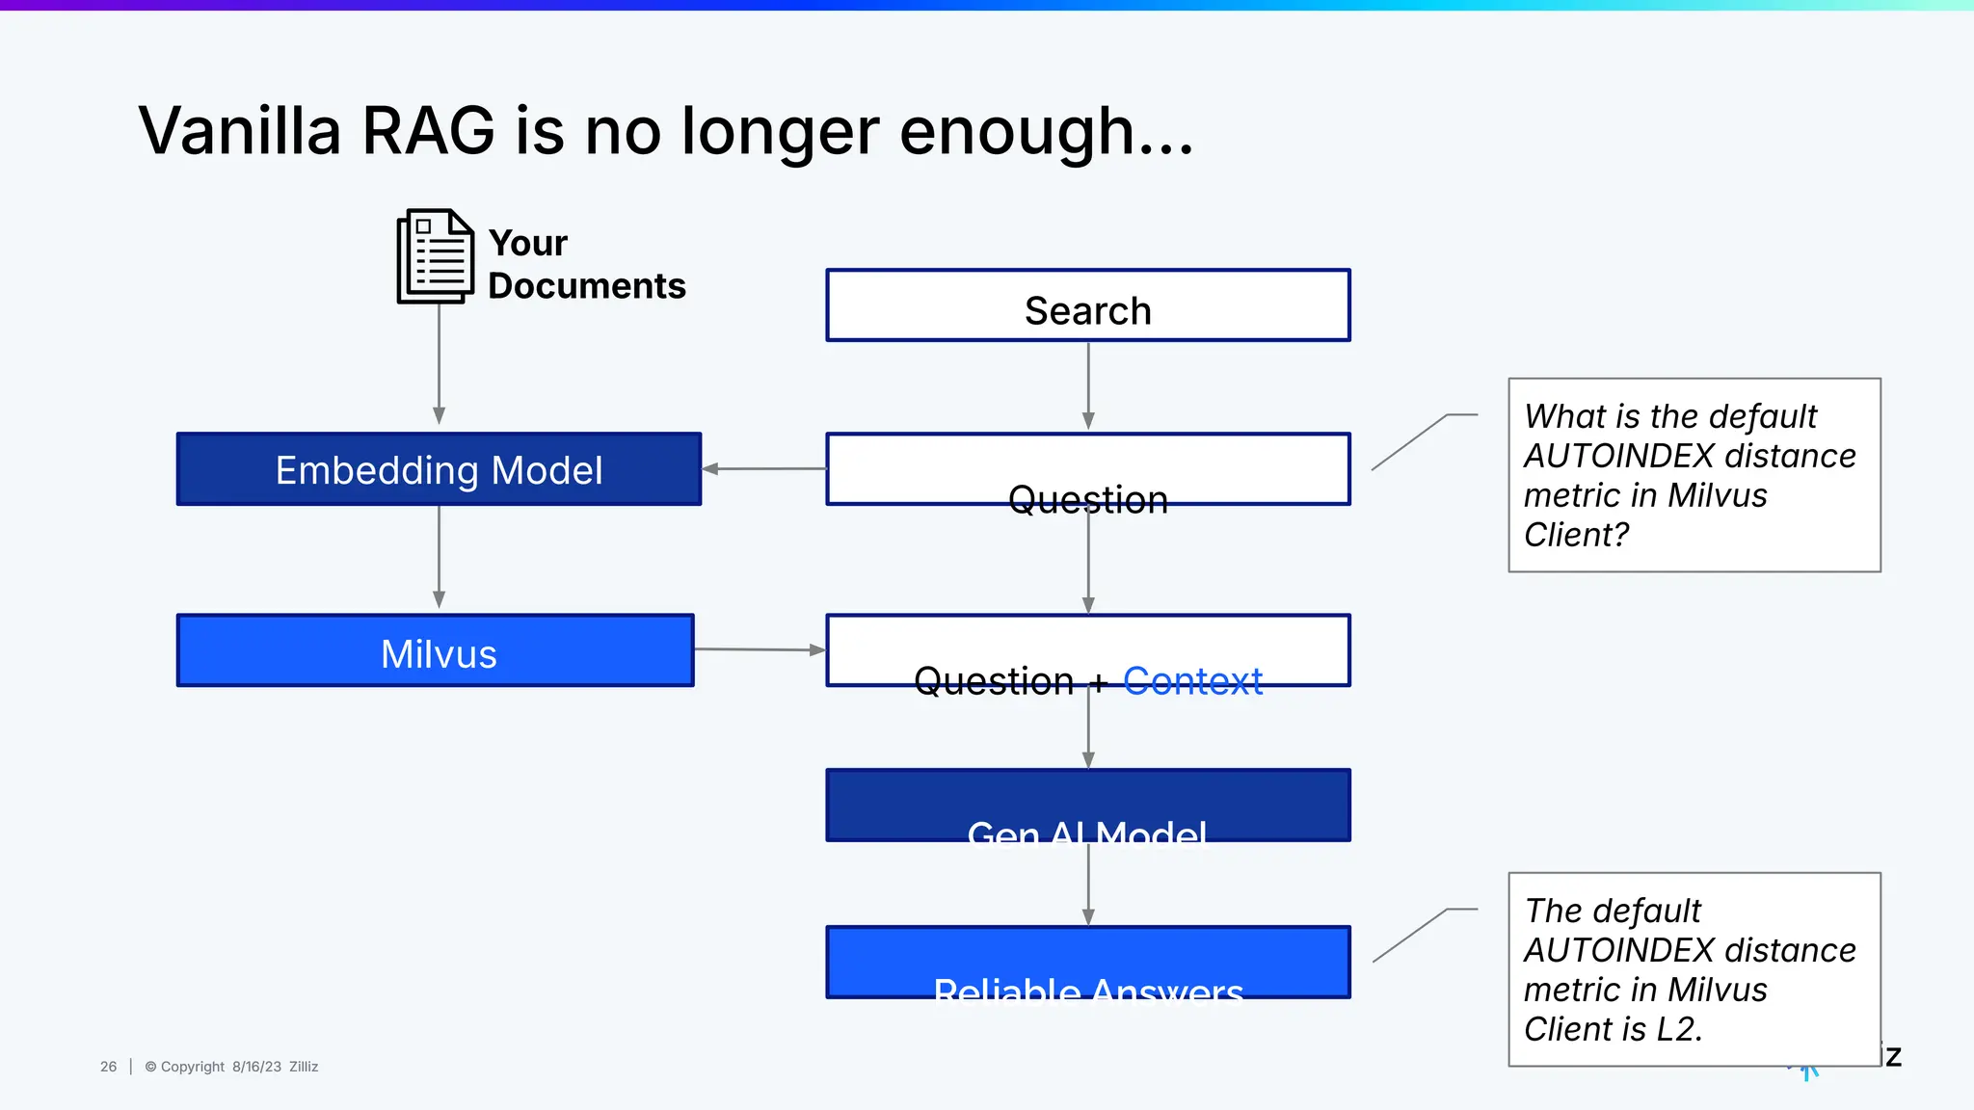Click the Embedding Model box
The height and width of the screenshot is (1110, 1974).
(x=439, y=469)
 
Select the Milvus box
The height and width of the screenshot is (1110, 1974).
(x=436, y=651)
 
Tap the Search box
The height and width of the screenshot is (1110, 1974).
(x=1087, y=306)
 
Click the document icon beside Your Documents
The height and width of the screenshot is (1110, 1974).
(x=436, y=256)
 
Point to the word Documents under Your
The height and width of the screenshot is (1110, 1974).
(x=586, y=286)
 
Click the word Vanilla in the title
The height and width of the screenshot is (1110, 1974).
(x=240, y=131)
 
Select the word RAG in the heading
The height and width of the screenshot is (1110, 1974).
(x=428, y=131)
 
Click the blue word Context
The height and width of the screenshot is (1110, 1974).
(x=1192, y=680)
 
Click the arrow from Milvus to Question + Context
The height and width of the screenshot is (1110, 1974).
(x=760, y=649)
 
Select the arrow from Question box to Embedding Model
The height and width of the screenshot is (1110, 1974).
(x=763, y=469)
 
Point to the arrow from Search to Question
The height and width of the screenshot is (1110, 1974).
(x=1088, y=385)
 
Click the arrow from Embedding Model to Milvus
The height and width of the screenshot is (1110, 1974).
(x=439, y=557)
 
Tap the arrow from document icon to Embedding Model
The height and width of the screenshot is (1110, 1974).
(x=439, y=366)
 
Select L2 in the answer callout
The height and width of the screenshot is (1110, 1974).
(x=1677, y=1029)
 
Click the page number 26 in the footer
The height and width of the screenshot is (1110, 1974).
(x=108, y=1067)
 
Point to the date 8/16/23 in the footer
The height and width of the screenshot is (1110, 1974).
(x=256, y=1067)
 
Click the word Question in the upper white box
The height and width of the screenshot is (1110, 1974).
(x=1087, y=499)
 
